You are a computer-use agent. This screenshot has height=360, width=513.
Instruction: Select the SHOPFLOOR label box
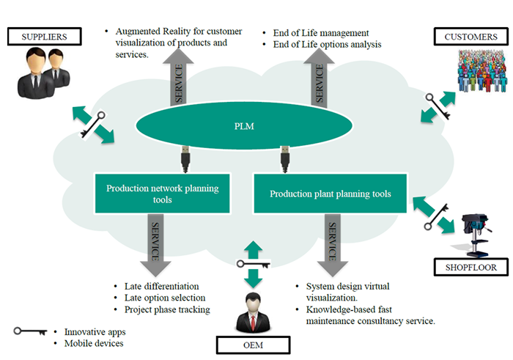(469, 268)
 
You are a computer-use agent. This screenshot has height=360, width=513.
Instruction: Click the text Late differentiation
(163, 286)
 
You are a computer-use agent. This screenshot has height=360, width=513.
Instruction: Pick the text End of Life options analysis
(328, 45)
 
